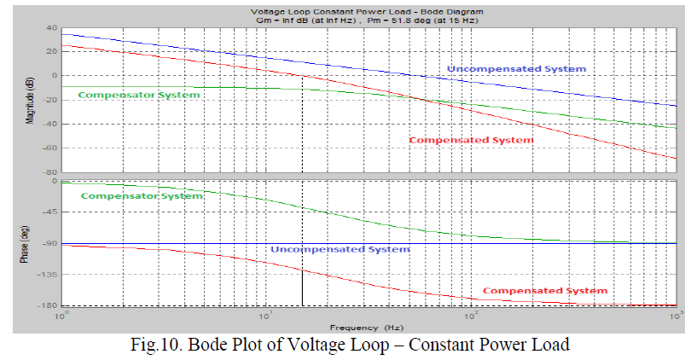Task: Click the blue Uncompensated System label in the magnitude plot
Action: click(516, 68)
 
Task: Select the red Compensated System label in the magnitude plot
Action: click(471, 140)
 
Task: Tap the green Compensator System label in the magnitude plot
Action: click(138, 95)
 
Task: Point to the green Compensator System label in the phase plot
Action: click(142, 196)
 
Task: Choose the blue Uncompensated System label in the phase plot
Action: click(340, 249)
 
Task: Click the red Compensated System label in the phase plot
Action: click(545, 291)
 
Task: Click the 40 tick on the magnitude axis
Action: click(51, 27)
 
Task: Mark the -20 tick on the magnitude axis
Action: click(49, 99)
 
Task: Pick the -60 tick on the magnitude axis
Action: click(49, 148)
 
